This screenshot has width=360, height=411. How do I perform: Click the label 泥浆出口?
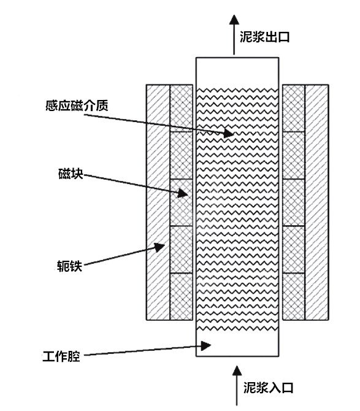pyautogui.click(x=264, y=37)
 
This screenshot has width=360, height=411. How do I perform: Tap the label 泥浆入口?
pyautogui.click(x=268, y=388)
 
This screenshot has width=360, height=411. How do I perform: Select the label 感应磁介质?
pyautogui.click(x=77, y=106)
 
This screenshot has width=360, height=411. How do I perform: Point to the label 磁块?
pyautogui.click(x=71, y=174)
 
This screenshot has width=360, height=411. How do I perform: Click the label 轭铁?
pyautogui.click(x=70, y=266)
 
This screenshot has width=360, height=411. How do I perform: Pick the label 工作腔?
pyautogui.click(x=61, y=356)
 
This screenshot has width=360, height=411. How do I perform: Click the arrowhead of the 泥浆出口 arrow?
pyautogui.click(x=234, y=20)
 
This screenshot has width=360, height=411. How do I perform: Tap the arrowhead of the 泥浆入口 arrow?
pyautogui.click(x=237, y=371)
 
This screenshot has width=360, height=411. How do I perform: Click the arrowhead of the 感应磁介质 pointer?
pyautogui.click(x=229, y=133)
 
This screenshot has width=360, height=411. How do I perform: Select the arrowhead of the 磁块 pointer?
pyautogui.click(x=183, y=193)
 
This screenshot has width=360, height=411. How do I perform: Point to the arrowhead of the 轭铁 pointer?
pyautogui.click(x=159, y=247)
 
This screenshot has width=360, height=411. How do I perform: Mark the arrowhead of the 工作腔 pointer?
pyautogui.click(x=206, y=345)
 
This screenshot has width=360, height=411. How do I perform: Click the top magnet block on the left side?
pyautogui.click(x=182, y=108)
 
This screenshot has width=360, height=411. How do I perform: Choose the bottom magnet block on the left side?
pyautogui.click(x=182, y=296)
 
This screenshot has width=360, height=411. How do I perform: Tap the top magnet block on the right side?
pyautogui.click(x=294, y=108)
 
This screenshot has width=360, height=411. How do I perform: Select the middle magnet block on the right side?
pyautogui.click(x=294, y=202)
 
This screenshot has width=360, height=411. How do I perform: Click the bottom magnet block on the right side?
pyautogui.click(x=294, y=296)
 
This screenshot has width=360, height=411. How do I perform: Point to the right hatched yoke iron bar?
pyautogui.click(x=317, y=202)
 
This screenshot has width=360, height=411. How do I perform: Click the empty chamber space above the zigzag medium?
pyautogui.click(x=237, y=73)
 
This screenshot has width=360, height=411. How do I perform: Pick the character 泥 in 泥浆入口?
pyautogui.click(x=250, y=388)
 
